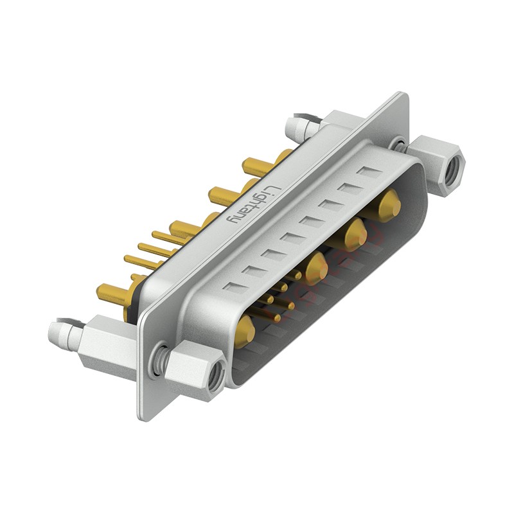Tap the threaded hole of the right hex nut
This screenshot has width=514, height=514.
coord(454,166)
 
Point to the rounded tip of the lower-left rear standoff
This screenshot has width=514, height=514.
coord(58,332)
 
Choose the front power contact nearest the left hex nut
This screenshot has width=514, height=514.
coord(245,330)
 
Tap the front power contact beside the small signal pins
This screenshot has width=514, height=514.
coord(316,269)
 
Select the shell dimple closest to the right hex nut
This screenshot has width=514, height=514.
coord(369,172)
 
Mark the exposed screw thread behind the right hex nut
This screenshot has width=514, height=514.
coord(400,146)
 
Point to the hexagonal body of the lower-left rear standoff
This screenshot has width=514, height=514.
coord(106,343)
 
